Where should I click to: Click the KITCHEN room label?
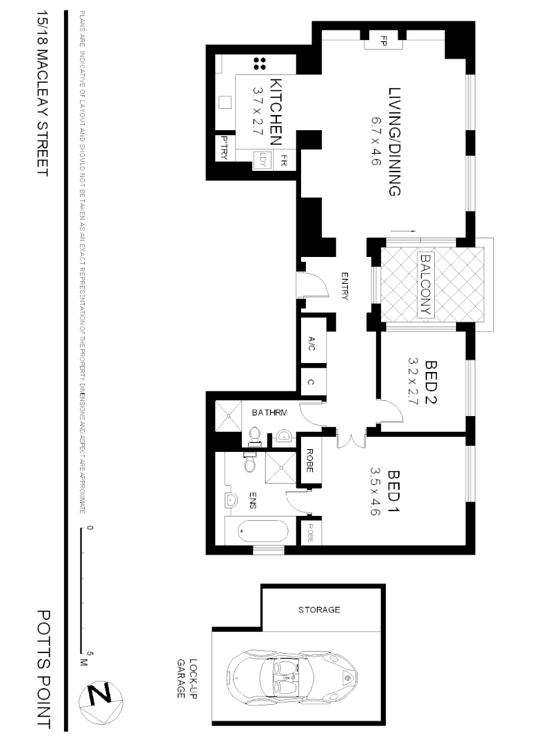click(276, 111)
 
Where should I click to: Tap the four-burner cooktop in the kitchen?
click(260, 64)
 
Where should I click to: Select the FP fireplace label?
click(384, 41)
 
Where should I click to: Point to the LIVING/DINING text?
click(394, 142)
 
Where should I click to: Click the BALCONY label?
click(425, 285)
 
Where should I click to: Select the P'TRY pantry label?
click(223, 147)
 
